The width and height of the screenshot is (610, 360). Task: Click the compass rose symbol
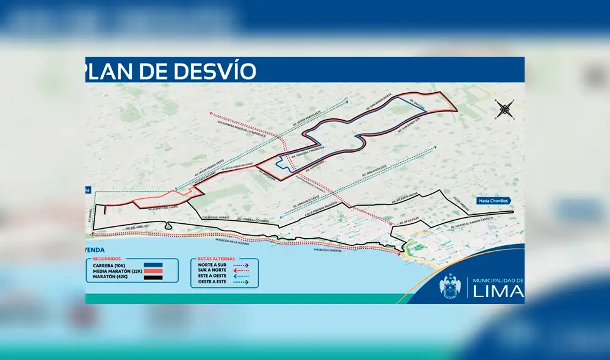tap(505, 110)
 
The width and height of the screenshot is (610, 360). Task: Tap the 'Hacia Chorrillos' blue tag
tap(493, 200)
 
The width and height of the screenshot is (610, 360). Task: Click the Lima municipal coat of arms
tap(451, 286)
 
